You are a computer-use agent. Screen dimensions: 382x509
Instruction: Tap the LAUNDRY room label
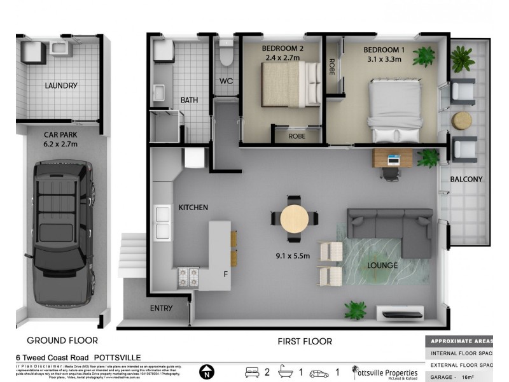tap(61, 85)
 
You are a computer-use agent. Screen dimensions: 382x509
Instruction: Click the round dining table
tap(295, 218)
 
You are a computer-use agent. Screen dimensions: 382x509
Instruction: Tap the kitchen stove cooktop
tap(188, 276)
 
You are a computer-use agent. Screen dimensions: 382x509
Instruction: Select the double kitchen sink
tap(162, 222)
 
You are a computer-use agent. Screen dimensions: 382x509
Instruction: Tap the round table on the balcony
tap(462, 120)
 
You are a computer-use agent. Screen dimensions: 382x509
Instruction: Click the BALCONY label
tap(466, 180)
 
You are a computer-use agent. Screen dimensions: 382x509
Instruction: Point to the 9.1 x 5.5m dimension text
tap(293, 257)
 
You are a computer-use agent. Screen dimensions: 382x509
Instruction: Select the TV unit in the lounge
tap(399, 313)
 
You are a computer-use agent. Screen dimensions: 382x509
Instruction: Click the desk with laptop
tap(393, 157)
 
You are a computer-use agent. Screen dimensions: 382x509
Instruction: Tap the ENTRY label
tap(161, 308)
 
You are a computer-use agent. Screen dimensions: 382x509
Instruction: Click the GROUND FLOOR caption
tap(62, 341)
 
